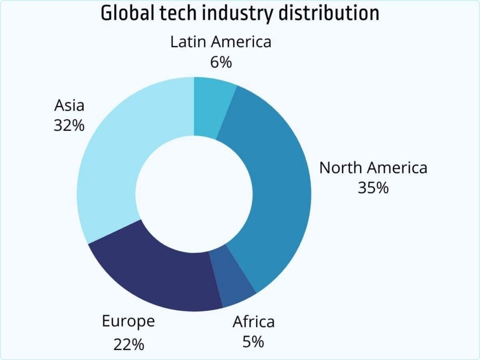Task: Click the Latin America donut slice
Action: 211,107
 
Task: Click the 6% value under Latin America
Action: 221,62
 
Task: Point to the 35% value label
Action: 373,187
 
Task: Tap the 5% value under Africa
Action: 253,342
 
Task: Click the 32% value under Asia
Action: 69,125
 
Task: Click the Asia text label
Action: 69,105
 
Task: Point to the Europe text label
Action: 128,322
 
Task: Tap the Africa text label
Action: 254,322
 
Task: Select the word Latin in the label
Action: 188,42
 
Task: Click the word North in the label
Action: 341,167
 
